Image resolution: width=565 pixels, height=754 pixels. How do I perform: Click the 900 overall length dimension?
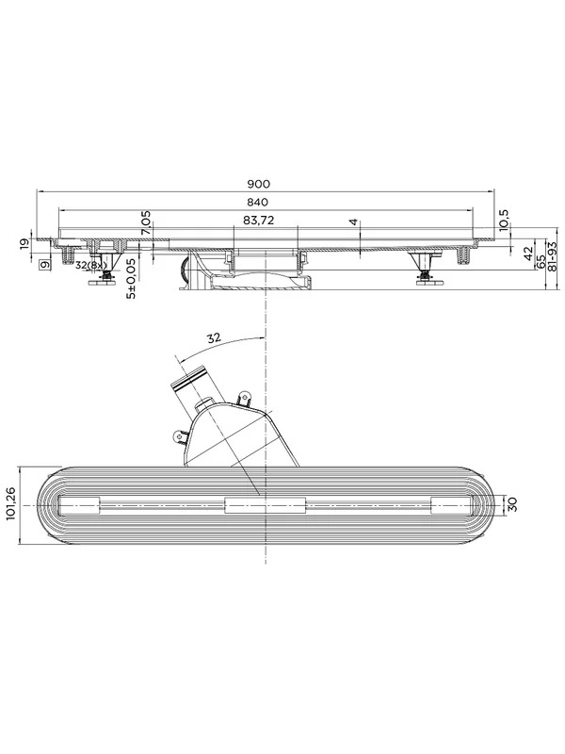(259, 184)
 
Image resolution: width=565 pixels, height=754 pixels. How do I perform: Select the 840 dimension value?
(259, 202)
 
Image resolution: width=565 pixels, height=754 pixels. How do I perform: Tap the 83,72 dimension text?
(258, 221)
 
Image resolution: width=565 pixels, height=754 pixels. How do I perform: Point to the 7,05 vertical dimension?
(146, 222)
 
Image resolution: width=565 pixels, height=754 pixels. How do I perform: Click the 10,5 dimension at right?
(504, 220)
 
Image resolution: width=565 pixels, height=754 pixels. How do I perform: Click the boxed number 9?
(44, 264)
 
